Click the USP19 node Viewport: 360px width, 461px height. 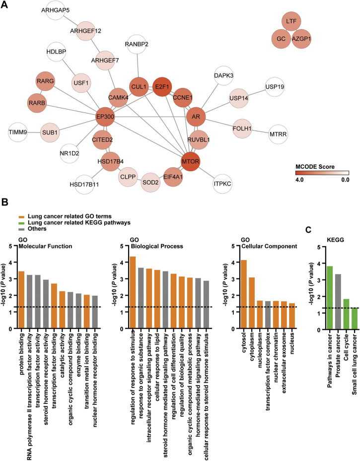(x=278, y=87)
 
